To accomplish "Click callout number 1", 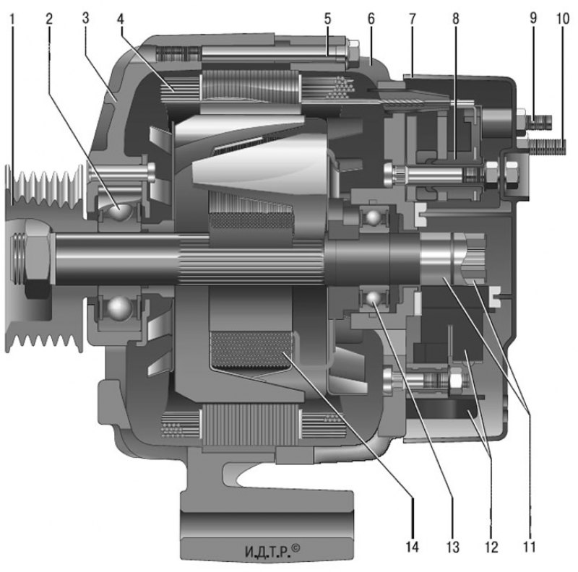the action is click(x=13, y=19).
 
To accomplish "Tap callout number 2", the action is click(x=49, y=19).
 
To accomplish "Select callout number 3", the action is click(x=85, y=19).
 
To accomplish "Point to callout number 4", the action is click(x=121, y=19).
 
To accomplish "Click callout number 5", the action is click(x=328, y=19).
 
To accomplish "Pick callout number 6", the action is click(x=371, y=19).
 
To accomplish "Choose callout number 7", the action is click(x=413, y=19).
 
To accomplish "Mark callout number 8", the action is click(x=456, y=19).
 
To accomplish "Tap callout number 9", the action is click(x=533, y=19).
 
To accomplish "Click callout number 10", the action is click(x=563, y=19).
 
